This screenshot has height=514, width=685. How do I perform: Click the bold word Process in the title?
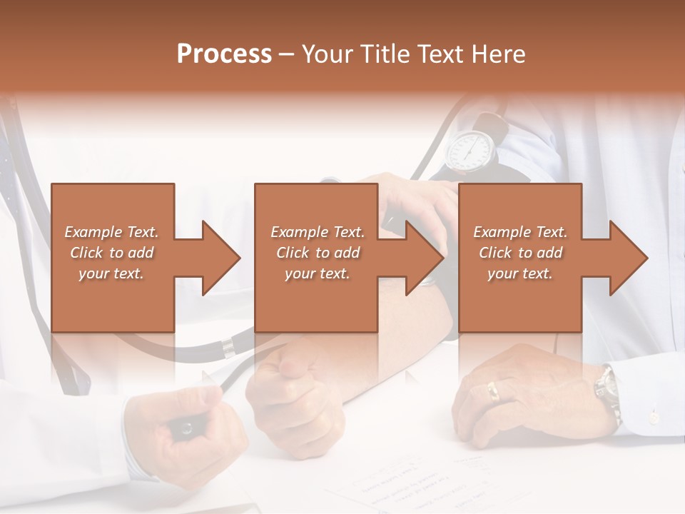[x=224, y=54]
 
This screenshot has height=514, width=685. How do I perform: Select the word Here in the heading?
[x=499, y=54]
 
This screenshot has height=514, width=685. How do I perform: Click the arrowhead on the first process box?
[x=221, y=258]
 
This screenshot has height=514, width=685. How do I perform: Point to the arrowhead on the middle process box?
[x=425, y=258]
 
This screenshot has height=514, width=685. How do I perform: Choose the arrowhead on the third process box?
[x=629, y=258]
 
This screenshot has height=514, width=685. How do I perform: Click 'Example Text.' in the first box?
[x=112, y=232]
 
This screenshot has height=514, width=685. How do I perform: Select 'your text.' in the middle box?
[x=318, y=273]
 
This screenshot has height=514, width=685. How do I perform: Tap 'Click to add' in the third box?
[x=520, y=253]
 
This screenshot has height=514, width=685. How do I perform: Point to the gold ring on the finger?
[x=493, y=390]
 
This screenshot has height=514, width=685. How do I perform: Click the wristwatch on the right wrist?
[x=607, y=389]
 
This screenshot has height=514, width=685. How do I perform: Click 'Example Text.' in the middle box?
[x=318, y=232]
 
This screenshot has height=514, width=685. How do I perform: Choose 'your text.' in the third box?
[x=520, y=273]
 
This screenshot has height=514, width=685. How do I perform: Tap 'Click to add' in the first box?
[x=112, y=253]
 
